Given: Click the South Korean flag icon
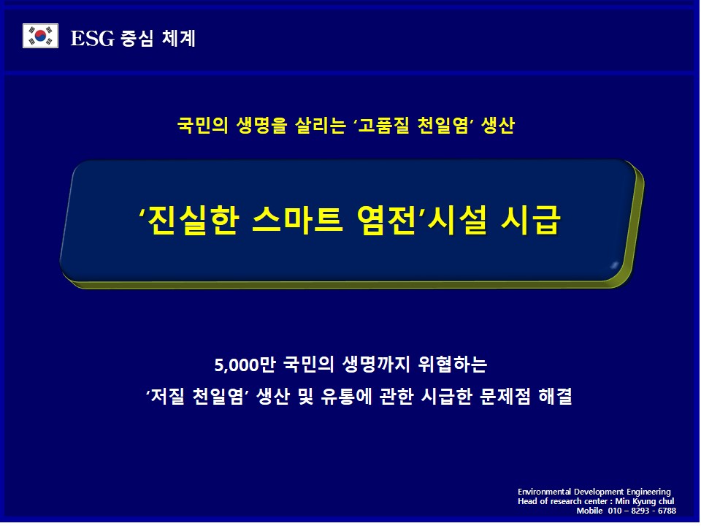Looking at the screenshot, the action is [x=40, y=36].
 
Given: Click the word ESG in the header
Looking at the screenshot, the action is [x=93, y=38].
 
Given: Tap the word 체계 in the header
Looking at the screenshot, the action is [x=179, y=38].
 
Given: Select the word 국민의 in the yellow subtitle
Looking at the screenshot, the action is [x=202, y=125].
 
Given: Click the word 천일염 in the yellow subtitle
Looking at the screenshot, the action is [x=443, y=125].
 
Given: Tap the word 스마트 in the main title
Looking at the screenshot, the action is [x=297, y=221].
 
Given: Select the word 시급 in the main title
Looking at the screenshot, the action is [x=531, y=221].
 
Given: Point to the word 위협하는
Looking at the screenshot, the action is [x=453, y=365].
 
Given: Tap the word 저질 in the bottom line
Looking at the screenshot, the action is [x=168, y=396].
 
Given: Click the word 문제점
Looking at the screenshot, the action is [x=505, y=396].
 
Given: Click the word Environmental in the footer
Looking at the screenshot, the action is [x=544, y=492].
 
